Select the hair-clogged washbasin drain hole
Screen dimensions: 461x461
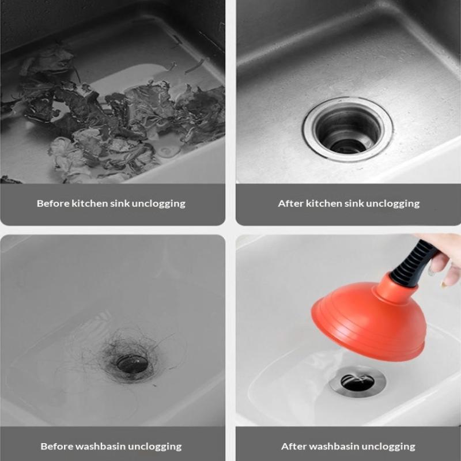132,363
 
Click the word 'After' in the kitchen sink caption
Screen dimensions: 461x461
290,203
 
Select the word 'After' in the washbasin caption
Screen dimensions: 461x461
293,447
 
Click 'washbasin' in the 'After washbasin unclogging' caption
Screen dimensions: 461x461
332,447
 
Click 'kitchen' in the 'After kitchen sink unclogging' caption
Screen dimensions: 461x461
324,203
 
